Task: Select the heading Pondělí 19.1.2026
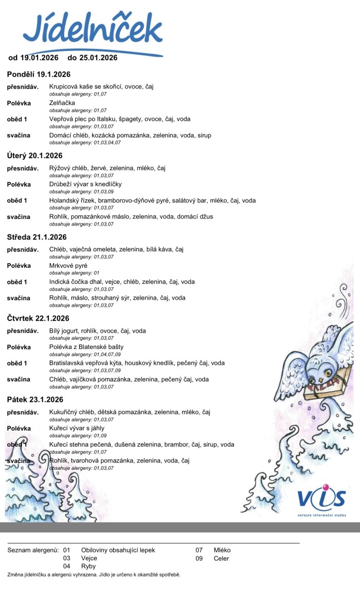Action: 39,74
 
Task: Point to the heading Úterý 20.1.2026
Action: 34,155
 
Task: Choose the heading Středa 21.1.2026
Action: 37,237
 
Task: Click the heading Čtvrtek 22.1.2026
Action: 39,318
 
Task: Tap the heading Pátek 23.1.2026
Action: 35,399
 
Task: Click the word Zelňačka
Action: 62,103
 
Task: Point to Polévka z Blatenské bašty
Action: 86,347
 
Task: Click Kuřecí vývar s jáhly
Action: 77,428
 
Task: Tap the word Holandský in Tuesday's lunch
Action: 65,200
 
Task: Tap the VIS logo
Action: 321,499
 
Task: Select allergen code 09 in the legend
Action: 199,558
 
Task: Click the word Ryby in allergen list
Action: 88,566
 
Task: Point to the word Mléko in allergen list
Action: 222,550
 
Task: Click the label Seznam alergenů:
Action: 31,550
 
